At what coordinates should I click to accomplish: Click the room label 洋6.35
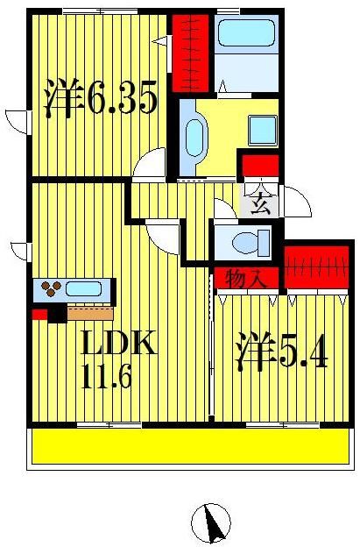coord(101,99)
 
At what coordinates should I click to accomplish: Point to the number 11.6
coord(108,379)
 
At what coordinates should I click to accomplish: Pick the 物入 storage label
coord(246,279)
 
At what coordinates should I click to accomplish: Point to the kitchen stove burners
coord(49,288)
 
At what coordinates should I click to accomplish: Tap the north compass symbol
coord(211,523)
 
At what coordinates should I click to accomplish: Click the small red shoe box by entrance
coord(259,167)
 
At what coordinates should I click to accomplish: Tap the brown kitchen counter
coord(89,312)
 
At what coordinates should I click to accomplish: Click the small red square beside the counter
coord(39,313)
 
